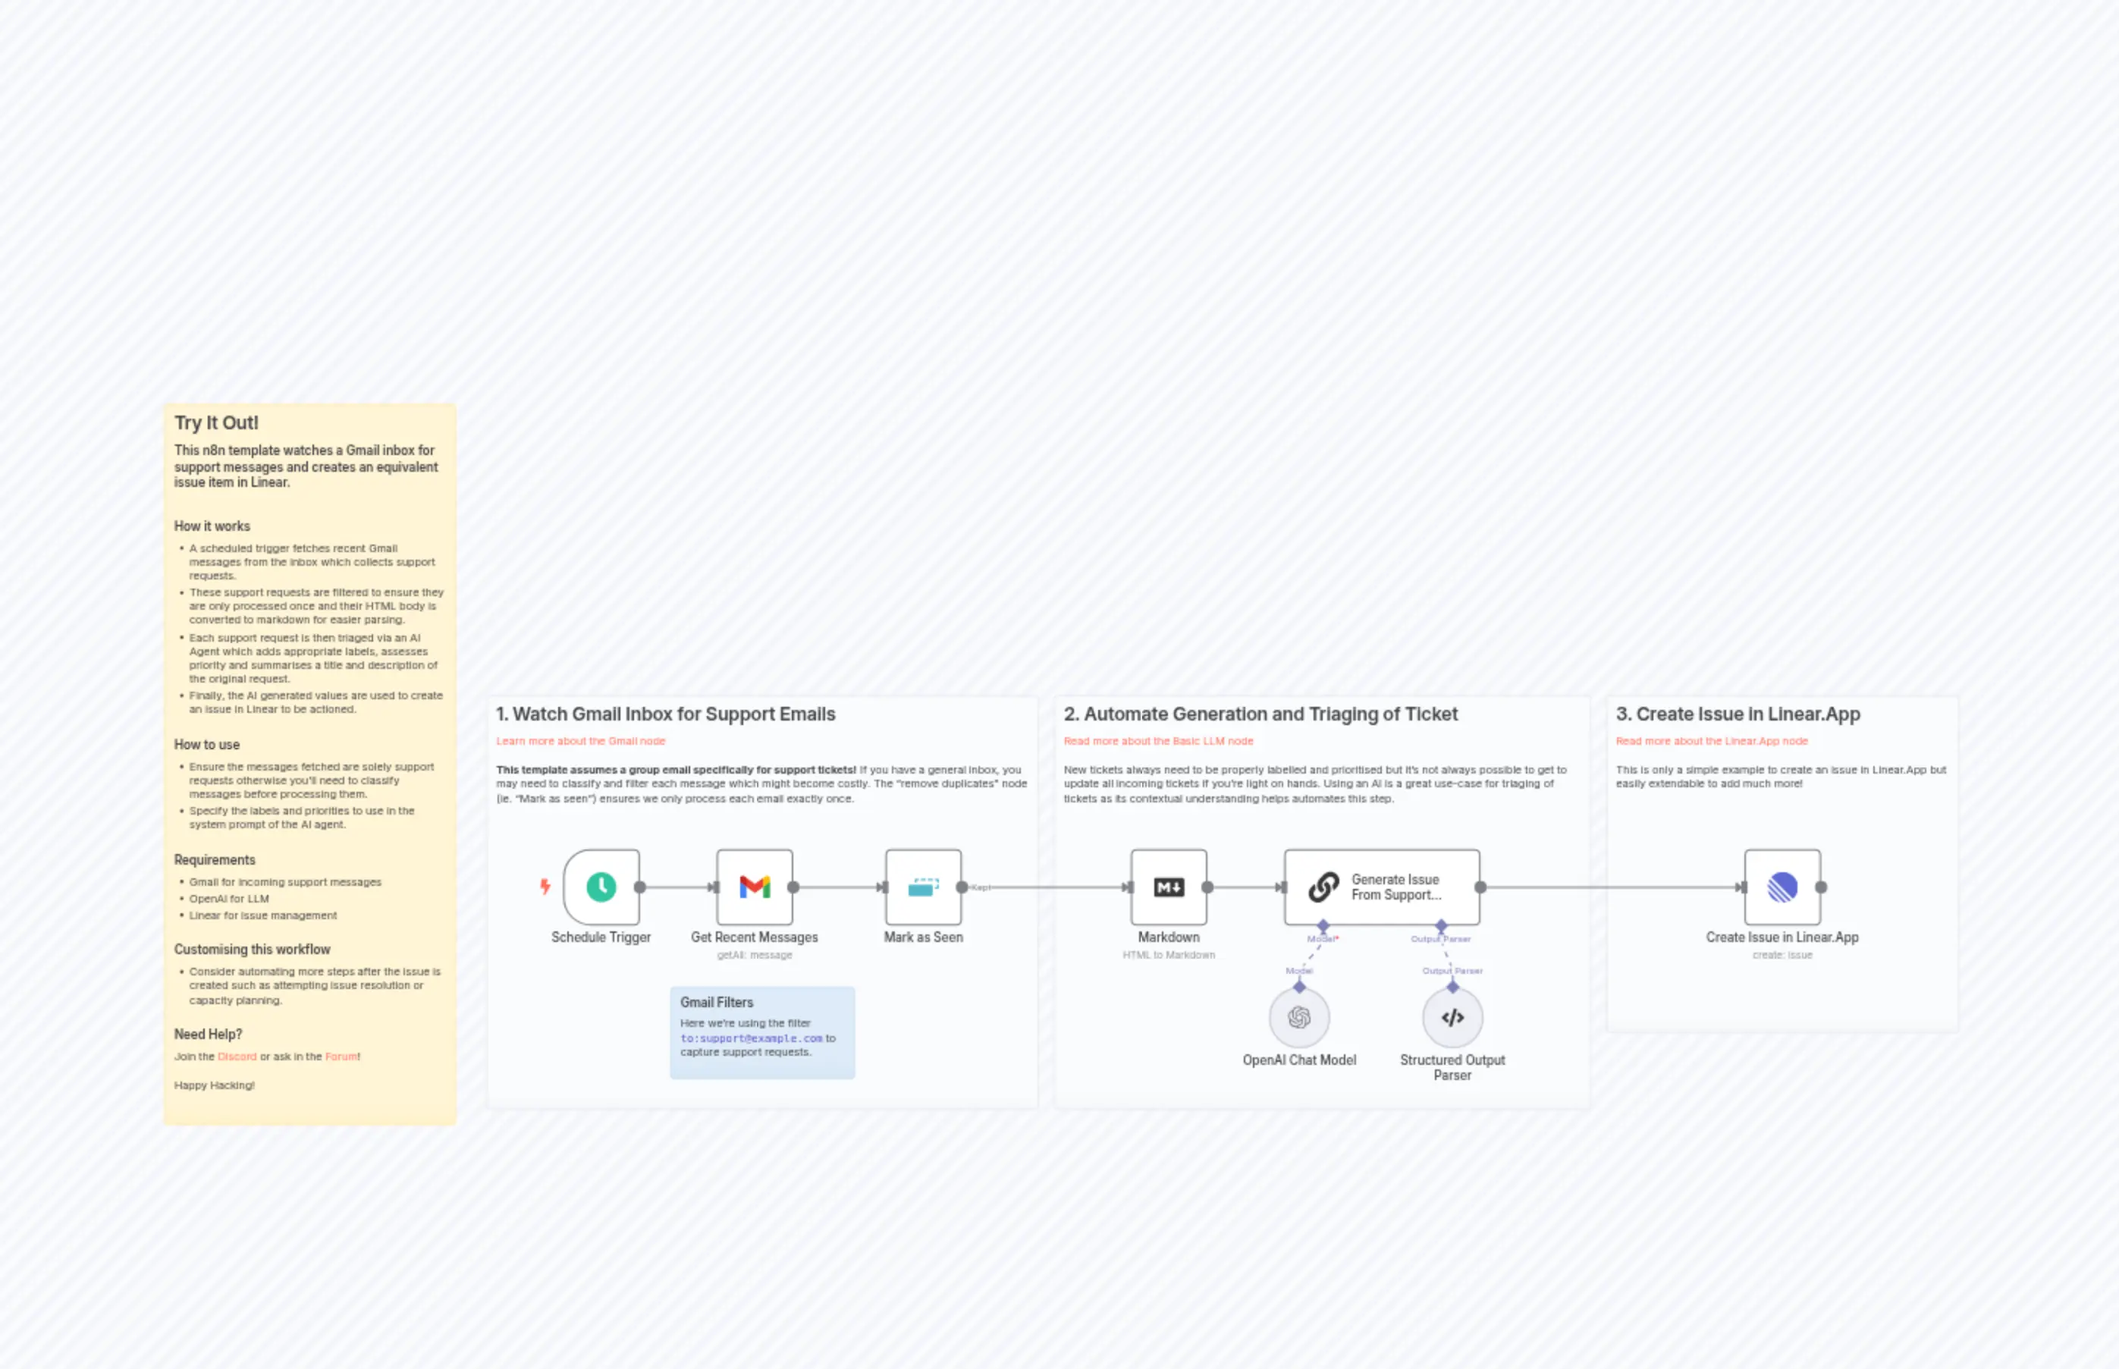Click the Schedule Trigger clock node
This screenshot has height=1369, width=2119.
pos(601,887)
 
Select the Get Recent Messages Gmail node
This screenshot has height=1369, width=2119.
pos(755,887)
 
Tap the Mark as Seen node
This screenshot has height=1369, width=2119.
pos(923,887)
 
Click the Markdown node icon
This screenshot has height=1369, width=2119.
pos(1168,887)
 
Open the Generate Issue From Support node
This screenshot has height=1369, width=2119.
pos(1381,887)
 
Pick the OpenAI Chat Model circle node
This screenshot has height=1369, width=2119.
pos(1298,1017)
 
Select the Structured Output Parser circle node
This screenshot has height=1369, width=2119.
pos(1452,1017)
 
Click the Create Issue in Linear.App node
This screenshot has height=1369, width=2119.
pos(1782,887)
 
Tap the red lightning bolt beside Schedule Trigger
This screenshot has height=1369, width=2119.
pos(545,887)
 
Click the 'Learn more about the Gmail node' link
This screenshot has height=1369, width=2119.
pos(580,740)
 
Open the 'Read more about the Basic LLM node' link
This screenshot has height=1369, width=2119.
pos(1158,740)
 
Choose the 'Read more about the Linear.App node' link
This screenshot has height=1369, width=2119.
pos(1711,740)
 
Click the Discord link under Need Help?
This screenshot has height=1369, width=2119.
pos(237,1056)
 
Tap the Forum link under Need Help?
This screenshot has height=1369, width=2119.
pos(341,1056)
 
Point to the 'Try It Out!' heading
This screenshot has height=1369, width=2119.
pos(216,422)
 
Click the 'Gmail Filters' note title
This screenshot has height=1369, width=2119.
pos(717,1002)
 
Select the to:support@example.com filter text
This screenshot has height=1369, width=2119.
pos(751,1038)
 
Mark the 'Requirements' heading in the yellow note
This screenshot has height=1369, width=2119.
pos(214,859)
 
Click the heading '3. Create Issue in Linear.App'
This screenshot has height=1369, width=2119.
pos(1737,714)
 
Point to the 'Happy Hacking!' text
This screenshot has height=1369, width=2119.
pos(214,1085)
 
